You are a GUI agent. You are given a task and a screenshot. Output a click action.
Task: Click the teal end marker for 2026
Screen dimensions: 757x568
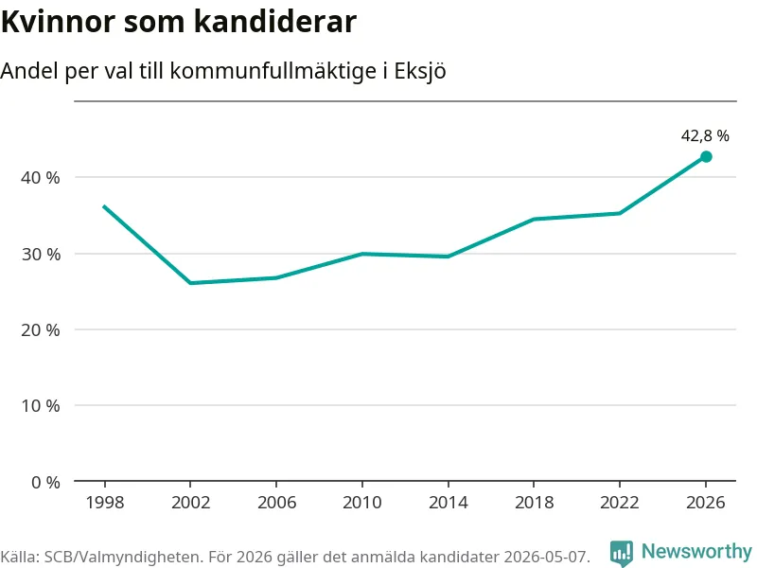[706, 156]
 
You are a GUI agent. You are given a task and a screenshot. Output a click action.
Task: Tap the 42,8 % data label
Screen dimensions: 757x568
[705, 135]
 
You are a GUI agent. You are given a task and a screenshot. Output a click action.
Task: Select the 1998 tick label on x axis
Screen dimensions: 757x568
[105, 503]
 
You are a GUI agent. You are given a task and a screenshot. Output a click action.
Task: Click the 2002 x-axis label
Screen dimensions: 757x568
[191, 503]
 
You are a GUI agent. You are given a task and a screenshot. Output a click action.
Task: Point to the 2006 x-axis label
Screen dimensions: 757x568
[276, 503]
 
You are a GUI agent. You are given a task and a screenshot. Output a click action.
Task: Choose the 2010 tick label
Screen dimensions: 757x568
[362, 503]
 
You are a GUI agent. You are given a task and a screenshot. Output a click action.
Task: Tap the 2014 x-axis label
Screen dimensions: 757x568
[448, 503]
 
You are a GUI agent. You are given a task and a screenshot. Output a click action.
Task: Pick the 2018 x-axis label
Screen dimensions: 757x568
[534, 503]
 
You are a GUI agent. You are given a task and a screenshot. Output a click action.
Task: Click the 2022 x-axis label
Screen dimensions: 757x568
[620, 503]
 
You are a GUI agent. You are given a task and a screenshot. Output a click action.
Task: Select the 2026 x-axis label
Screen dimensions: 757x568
[705, 503]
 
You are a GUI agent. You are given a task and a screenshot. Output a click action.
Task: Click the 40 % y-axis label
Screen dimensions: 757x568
[41, 178]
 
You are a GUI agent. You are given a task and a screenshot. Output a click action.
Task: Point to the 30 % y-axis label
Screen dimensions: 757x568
[41, 254]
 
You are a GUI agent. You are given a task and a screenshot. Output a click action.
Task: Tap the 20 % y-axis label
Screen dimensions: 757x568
[41, 330]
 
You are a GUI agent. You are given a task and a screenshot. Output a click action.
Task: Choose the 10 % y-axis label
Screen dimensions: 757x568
[41, 406]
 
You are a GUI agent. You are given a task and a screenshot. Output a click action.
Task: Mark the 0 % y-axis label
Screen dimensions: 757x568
[45, 482]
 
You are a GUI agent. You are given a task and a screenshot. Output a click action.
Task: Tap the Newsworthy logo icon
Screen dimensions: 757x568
[622, 553]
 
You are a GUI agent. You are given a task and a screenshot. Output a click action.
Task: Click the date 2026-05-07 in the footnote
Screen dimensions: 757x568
[547, 557]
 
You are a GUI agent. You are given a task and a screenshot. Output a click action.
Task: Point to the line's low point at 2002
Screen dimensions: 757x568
[191, 282]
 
